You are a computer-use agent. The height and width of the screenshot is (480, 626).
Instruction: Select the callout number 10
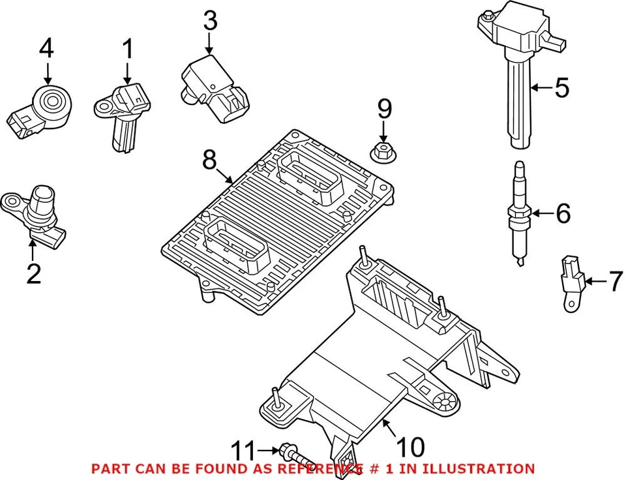pos(411,447)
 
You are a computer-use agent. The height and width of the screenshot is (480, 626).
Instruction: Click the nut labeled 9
pos(384,153)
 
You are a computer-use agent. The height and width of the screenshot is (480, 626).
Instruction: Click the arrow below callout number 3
pos(209,44)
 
